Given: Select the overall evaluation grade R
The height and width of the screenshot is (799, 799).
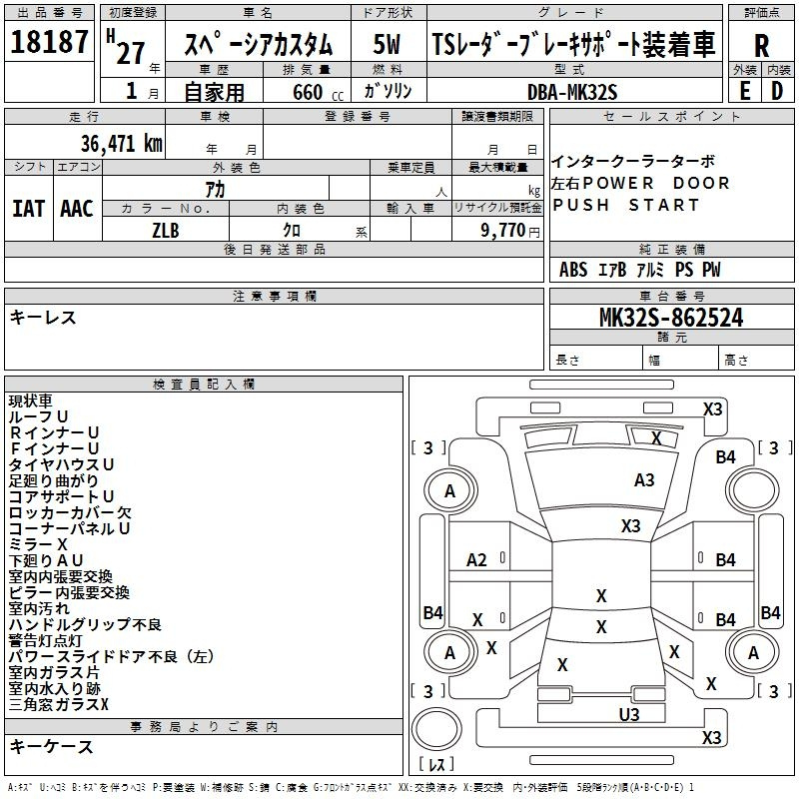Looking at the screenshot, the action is [762, 46].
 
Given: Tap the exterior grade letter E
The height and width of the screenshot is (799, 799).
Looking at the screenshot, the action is [745, 90].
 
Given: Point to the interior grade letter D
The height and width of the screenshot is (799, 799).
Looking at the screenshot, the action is [777, 90].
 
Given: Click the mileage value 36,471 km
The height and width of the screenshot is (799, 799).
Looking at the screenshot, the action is [121, 143].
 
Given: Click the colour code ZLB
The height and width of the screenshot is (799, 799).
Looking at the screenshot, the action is [166, 229].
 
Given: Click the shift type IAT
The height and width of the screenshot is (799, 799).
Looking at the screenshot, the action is [28, 209].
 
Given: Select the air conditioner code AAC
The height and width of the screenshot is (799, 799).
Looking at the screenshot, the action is [77, 209].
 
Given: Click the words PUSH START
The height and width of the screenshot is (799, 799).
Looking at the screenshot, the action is [626, 206].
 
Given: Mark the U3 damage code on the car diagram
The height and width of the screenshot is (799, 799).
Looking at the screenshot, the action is [629, 714].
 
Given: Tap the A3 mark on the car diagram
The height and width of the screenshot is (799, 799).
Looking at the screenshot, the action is [644, 480].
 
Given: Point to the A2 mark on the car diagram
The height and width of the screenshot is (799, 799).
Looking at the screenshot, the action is [477, 560].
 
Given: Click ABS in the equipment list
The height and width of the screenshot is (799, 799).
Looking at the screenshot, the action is [573, 270].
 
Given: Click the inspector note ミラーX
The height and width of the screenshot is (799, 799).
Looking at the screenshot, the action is [38, 544].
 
